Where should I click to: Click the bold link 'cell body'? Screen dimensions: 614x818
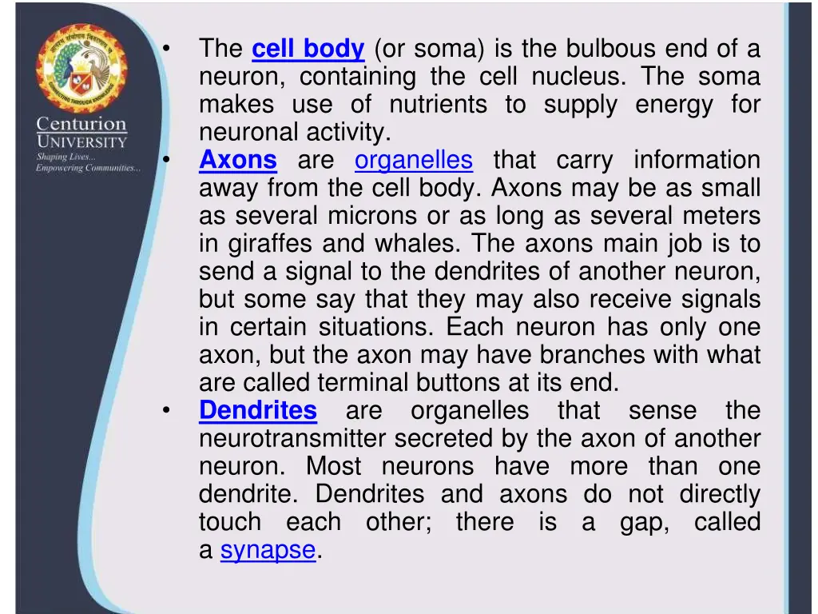[x=308, y=50]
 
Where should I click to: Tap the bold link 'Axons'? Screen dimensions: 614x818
[x=238, y=161]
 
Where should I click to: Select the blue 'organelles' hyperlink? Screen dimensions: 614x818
[x=414, y=161]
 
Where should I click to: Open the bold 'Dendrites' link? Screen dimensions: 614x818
[x=258, y=411]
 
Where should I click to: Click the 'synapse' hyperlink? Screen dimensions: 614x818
[x=268, y=550]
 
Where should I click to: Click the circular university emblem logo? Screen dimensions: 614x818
[x=80, y=70]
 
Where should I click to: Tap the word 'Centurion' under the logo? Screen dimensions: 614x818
[x=81, y=125]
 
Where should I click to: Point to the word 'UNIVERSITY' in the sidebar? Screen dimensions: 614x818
[x=81, y=142]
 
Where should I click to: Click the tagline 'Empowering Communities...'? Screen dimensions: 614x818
[x=88, y=168]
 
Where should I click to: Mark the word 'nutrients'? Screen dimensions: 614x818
[x=438, y=105]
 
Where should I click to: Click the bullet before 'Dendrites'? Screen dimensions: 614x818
[x=165, y=411]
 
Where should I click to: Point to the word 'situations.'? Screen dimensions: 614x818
[x=376, y=328]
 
